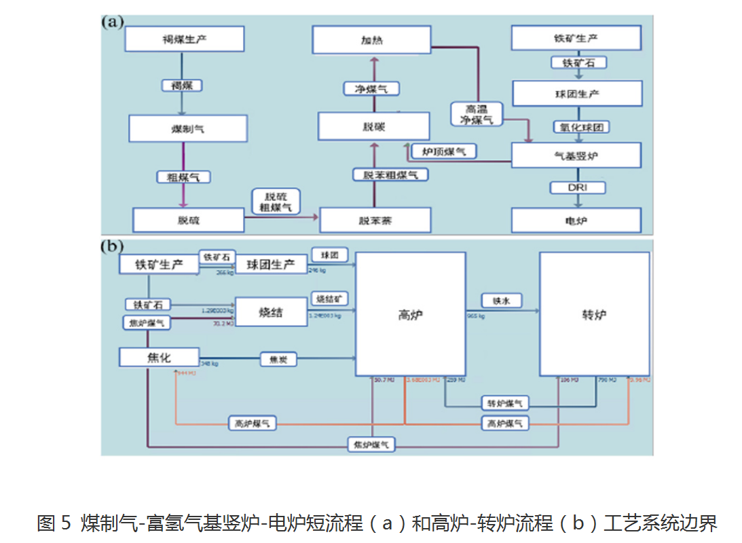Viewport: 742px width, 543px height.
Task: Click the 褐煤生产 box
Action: pyautogui.click(x=185, y=39)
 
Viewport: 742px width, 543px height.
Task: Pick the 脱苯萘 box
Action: pyautogui.click(x=375, y=221)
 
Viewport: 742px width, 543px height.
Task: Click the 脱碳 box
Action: pyautogui.click(x=374, y=126)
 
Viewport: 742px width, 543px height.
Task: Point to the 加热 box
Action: pyautogui.click(x=371, y=40)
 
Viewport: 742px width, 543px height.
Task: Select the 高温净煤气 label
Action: pyautogui.click(x=477, y=114)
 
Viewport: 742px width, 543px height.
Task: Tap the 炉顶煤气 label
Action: pyautogui.click(x=444, y=151)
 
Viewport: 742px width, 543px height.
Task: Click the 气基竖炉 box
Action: pyautogui.click(x=576, y=156)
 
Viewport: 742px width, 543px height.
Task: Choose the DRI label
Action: pyautogui.click(x=577, y=187)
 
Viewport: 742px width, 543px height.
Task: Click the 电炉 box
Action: pyautogui.click(x=576, y=221)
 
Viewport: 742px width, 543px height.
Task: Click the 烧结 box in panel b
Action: pyautogui.click(x=270, y=312)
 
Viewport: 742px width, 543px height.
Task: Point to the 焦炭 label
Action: pyautogui.click(x=279, y=359)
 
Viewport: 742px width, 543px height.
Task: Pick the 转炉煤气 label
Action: pyautogui.click(x=504, y=403)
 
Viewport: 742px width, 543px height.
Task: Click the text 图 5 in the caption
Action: pyautogui.click(x=54, y=523)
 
